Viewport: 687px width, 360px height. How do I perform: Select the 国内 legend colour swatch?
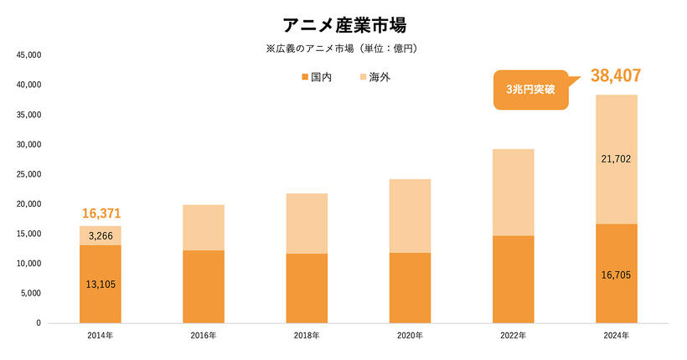pos(303,78)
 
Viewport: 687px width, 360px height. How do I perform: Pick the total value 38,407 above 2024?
pos(616,76)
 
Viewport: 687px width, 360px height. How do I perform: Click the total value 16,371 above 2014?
pos(101,214)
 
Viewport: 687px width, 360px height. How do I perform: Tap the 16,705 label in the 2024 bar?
pos(616,273)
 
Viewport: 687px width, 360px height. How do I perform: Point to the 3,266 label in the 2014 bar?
pos(101,236)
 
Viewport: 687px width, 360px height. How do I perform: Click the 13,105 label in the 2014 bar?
pos(101,284)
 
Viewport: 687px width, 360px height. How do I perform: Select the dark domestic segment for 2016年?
pos(204,286)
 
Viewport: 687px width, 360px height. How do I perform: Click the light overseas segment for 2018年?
pos(307,224)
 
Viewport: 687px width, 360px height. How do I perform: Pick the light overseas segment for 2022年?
pos(513,193)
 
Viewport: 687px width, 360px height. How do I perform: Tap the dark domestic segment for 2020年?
pos(410,287)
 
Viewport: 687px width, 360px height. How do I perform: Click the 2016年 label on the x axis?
pos(204,336)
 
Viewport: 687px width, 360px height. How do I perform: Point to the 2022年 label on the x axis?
pos(513,336)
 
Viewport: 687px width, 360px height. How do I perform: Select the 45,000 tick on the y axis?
pos(28,55)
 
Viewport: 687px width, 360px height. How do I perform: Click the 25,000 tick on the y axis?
pos(28,174)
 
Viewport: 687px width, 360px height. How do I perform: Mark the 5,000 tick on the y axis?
pos(31,293)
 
